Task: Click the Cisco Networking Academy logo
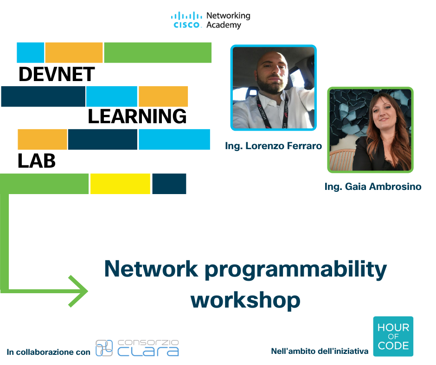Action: click(x=211, y=20)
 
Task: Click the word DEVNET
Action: click(x=57, y=74)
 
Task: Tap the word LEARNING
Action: click(x=137, y=116)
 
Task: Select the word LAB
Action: click(x=37, y=161)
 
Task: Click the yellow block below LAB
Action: click(x=120, y=183)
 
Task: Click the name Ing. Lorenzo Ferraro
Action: click(x=273, y=146)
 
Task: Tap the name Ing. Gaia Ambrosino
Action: click(x=373, y=186)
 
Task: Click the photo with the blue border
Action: click(x=274, y=88)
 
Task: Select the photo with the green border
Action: click(x=371, y=130)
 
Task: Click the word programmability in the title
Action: click(x=296, y=270)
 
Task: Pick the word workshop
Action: click(x=245, y=300)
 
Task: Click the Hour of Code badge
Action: click(x=393, y=336)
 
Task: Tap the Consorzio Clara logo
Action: click(x=137, y=348)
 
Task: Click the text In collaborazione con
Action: click(x=48, y=352)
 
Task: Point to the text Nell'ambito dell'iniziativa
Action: click(x=320, y=351)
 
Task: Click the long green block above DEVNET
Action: click(x=158, y=52)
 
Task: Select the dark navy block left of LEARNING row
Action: click(x=43, y=96)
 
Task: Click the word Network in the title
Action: click(x=151, y=269)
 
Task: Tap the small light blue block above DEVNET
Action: click(x=30, y=52)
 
